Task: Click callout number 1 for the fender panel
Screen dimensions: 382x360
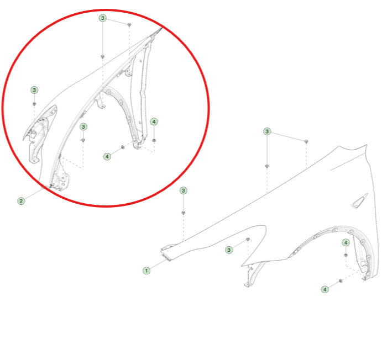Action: [146, 271]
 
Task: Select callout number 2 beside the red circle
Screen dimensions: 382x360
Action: [21, 201]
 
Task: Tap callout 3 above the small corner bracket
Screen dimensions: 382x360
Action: [34, 90]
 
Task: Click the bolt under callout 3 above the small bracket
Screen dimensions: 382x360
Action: [34, 104]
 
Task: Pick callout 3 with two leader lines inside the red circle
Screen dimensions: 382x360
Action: [103, 18]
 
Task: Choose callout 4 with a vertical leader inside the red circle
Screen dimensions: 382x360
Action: [154, 121]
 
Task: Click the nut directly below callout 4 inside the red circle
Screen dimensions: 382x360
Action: [154, 140]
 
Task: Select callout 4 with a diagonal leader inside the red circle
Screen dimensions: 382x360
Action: [107, 157]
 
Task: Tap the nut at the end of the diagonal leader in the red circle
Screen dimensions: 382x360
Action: [123, 147]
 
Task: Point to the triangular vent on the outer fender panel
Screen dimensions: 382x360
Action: [359, 201]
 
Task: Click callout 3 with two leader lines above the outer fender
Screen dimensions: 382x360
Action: [267, 131]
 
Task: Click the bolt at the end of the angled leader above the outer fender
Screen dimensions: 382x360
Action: [306, 141]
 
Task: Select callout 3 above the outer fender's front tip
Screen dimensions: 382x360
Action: [184, 190]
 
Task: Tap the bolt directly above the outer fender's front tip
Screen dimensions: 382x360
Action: [184, 213]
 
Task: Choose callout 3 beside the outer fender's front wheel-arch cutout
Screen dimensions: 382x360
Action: [229, 250]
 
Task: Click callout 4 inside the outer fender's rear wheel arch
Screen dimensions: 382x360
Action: [346, 242]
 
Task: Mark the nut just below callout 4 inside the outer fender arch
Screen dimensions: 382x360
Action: [346, 255]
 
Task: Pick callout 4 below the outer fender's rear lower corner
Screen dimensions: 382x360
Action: [325, 289]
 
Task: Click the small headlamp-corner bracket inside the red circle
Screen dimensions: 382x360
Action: [39, 134]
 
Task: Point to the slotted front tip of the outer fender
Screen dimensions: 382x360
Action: [166, 253]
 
